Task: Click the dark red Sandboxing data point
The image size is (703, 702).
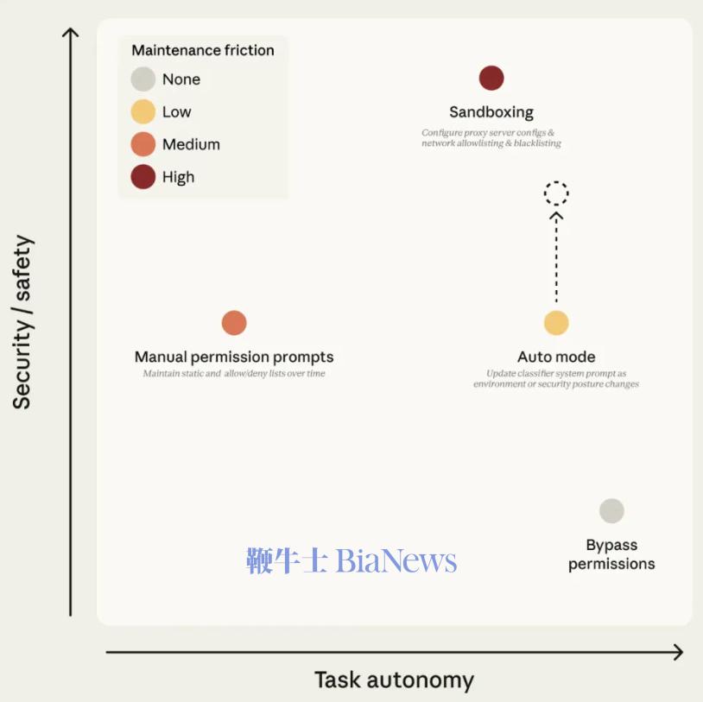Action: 491,78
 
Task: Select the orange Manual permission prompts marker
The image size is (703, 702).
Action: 234,323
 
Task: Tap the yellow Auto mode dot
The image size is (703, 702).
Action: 556,323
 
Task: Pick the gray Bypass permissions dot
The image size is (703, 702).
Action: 611,510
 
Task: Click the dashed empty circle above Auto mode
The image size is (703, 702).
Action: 556,181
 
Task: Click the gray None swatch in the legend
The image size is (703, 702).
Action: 143,79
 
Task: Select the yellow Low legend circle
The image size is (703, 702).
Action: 143,111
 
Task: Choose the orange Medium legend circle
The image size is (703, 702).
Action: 143,144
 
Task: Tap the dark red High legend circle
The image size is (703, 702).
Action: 143,177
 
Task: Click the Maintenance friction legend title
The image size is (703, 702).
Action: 203,50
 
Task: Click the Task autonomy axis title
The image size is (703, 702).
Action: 394,680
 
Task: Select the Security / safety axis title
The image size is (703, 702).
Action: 22,322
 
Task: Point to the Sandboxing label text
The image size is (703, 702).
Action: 491,112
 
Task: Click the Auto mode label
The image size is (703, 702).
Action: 556,357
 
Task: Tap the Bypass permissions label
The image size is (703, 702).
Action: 611,554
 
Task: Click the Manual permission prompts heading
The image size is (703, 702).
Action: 234,357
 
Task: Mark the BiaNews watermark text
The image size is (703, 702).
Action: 351,560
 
